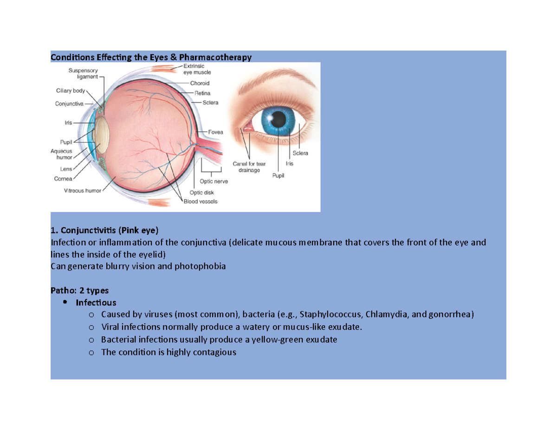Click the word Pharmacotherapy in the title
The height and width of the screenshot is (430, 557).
[218, 57]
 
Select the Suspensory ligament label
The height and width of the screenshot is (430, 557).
[81, 73]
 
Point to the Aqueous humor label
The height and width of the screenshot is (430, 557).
[61, 154]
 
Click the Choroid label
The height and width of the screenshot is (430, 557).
[200, 83]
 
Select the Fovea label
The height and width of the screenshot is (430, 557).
[216, 132]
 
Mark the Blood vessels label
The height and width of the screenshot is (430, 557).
[200, 201]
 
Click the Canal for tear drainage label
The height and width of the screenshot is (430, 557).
[249, 167]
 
